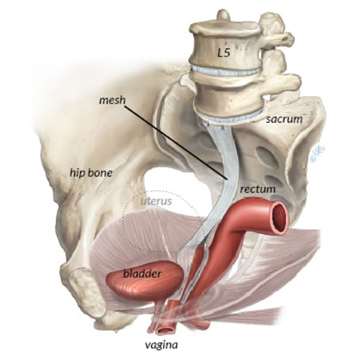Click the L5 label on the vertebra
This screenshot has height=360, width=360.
(x=224, y=53)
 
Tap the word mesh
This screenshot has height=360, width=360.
(x=113, y=100)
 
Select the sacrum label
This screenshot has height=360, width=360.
(x=284, y=119)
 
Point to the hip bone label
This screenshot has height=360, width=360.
(x=91, y=173)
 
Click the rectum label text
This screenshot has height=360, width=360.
(x=258, y=189)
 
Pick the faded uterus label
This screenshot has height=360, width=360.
(x=156, y=201)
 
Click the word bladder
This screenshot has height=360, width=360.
(x=142, y=274)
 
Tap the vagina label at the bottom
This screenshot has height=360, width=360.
(x=161, y=345)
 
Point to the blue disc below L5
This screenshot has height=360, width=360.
(x=225, y=71)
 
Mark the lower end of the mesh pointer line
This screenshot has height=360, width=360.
(x=228, y=178)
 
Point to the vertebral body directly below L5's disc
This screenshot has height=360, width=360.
(x=229, y=101)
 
